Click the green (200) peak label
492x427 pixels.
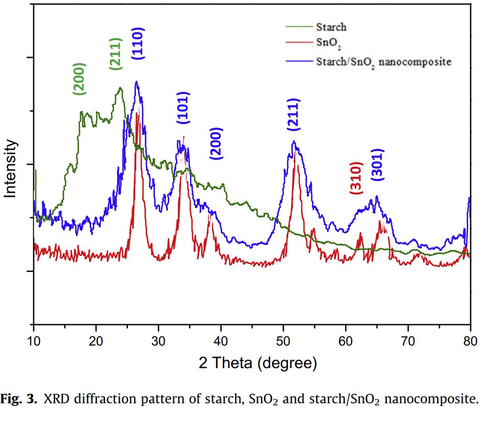pyautogui.click(x=79, y=79)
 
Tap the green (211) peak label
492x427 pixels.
pyautogui.click(x=115, y=53)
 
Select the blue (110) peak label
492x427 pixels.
pyautogui.click(x=138, y=44)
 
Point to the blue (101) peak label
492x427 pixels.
pyautogui.click(x=183, y=108)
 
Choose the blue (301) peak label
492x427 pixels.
pyautogui.click(x=377, y=164)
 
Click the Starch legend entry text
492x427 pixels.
pyautogui.click(x=331, y=27)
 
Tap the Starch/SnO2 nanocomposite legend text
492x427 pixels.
pyautogui.click(x=383, y=62)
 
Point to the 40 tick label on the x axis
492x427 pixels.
pyautogui.click(x=221, y=341)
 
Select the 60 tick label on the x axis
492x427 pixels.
pyautogui.click(x=346, y=341)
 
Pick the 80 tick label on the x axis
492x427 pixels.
pyautogui.click(x=470, y=341)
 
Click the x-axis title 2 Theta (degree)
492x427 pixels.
pyautogui.click(x=257, y=363)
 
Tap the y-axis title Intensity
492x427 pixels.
pyautogui.click(x=10, y=168)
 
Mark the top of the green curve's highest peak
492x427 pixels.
pyautogui.click(x=120, y=87)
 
